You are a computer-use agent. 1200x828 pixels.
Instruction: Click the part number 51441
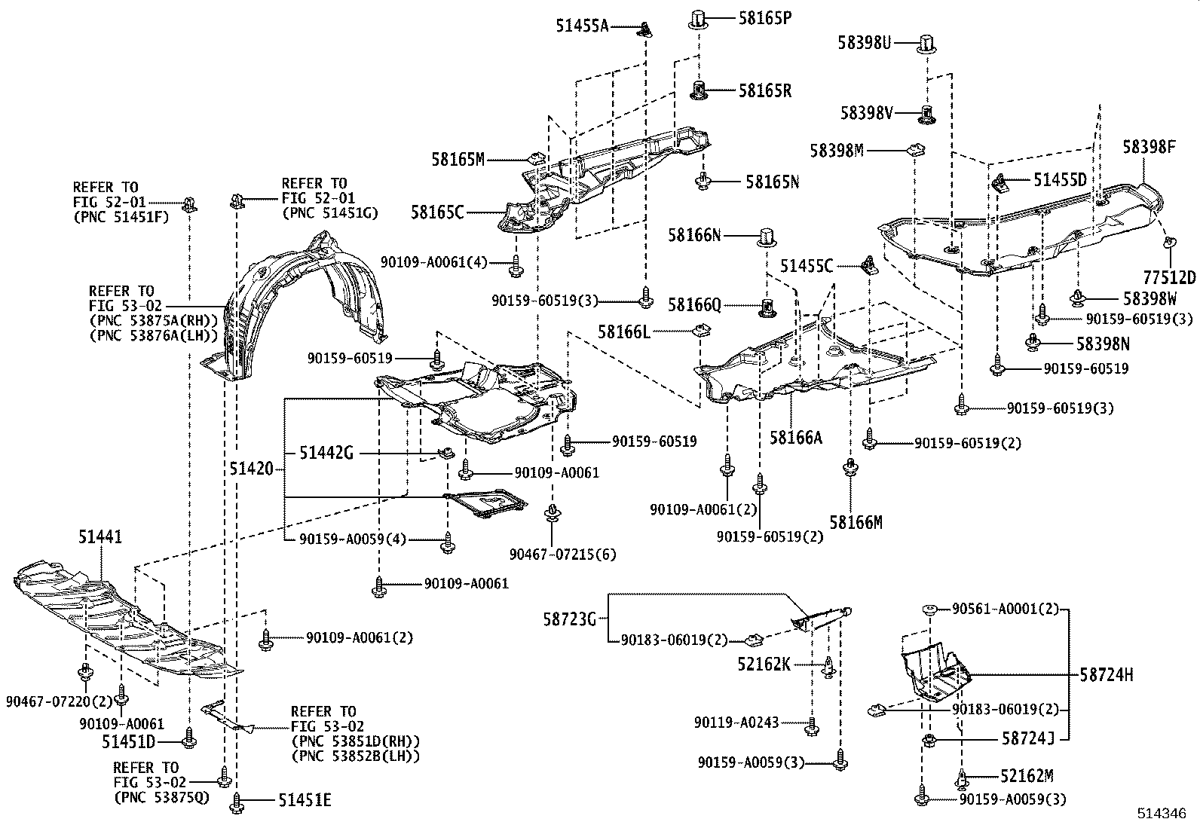pyautogui.click(x=100, y=537)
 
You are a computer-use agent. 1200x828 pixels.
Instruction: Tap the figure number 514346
pyautogui.click(x=1167, y=814)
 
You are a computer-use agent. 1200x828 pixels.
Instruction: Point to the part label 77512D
pyautogui.click(x=1170, y=277)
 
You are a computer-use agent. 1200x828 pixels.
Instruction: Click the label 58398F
pyautogui.click(x=1149, y=147)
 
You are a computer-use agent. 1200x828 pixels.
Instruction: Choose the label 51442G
pyautogui.click(x=326, y=453)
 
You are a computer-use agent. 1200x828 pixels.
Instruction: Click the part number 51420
pyautogui.click(x=251, y=469)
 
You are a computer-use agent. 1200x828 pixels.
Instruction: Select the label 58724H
pyautogui.click(x=1106, y=675)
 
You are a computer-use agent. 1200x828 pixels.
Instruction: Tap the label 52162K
pyautogui.click(x=764, y=664)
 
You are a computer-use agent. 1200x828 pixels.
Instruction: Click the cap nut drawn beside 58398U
pyautogui.click(x=927, y=44)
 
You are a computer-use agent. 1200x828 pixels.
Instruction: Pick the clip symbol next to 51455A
pyautogui.click(x=646, y=29)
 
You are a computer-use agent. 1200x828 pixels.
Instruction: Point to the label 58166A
pyautogui.click(x=796, y=436)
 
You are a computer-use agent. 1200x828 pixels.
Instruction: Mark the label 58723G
pyautogui.click(x=569, y=619)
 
